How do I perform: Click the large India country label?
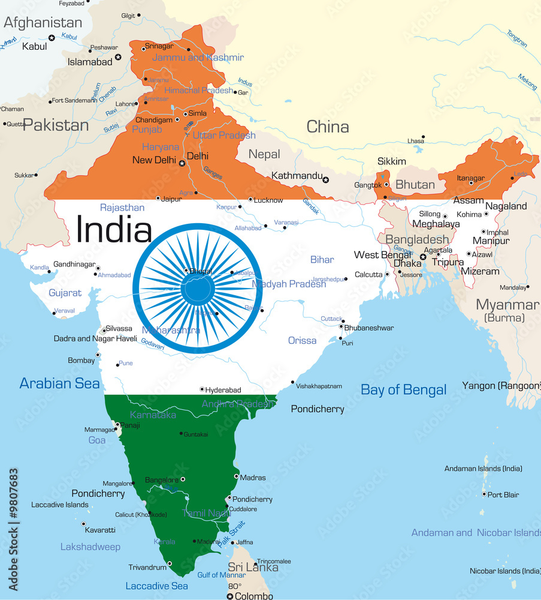pyautogui.click(x=114, y=230)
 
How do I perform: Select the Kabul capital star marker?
pyautogui.click(x=52, y=38)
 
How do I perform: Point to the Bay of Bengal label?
pyautogui.click(x=403, y=390)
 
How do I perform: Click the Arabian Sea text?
pyautogui.click(x=59, y=383)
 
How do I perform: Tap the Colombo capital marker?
pyautogui.click(x=229, y=596)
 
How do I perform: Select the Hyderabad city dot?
pyautogui.click(x=202, y=389)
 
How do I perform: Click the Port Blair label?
pyautogui.click(x=503, y=495)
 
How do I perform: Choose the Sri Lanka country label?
pyautogui.click(x=253, y=567)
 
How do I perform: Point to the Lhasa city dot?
pyautogui.click(x=423, y=137)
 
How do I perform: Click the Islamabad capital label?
pyautogui.click(x=90, y=62)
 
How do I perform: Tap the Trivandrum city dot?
pyautogui.click(x=170, y=563)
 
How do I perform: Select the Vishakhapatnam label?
pyautogui.click(x=319, y=386)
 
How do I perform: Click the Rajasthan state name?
pyautogui.click(x=122, y=208)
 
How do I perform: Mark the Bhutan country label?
pyautogui.click(x=415, y=184)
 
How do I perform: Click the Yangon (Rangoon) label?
pyautogui.click(x=501, y=386)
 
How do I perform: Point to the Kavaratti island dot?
pyautogui.click(x=83, y=524)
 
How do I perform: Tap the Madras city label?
pyautogui.click(x=252, y=478)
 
